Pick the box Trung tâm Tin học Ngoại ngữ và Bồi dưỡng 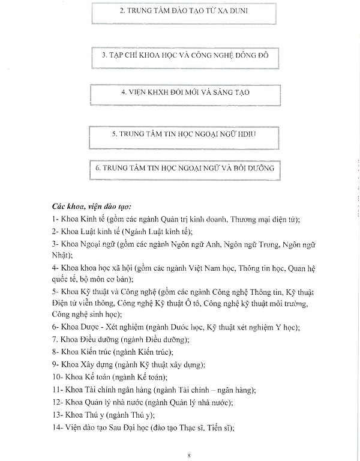point(184,168)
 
